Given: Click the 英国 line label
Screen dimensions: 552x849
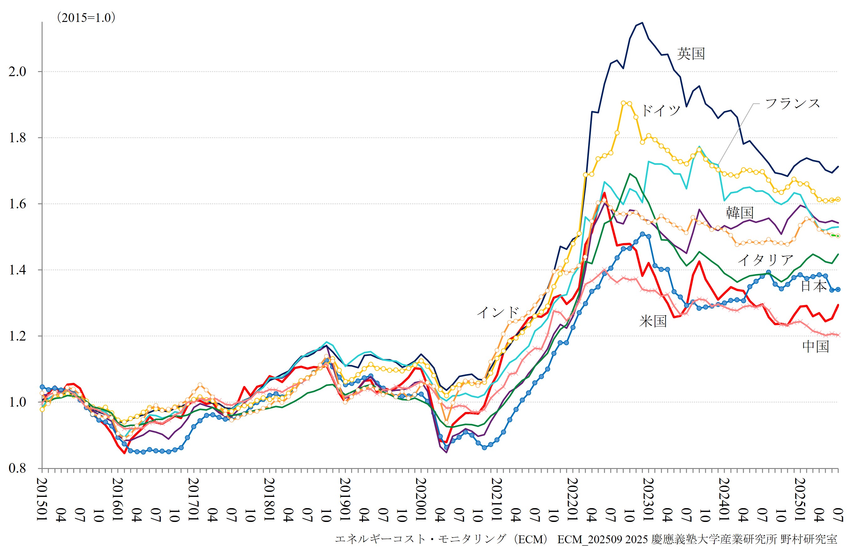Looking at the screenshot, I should coord(691,54).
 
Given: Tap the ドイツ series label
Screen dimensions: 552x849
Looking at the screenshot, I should coord(661,110).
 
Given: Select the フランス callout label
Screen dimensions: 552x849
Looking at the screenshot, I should coord(793,104).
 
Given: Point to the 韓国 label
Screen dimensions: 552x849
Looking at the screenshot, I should coord(740,213).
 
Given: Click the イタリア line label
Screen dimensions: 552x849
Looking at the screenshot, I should coord(765,260).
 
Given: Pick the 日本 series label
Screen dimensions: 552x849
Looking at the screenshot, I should coord(814,286).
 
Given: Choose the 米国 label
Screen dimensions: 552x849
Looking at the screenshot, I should coord(653,321).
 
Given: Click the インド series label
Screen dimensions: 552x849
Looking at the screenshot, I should coord(498,312).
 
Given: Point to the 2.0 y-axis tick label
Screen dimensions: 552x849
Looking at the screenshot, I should coord(18,71).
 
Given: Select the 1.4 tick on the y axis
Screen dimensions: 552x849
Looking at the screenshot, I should coord(18,270).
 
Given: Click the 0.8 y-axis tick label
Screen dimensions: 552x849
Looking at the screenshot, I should coord(18,468).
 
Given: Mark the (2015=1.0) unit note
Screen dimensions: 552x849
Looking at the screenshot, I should coord(86,18).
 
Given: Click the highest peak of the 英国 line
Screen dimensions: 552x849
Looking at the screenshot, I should coord(642,23).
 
